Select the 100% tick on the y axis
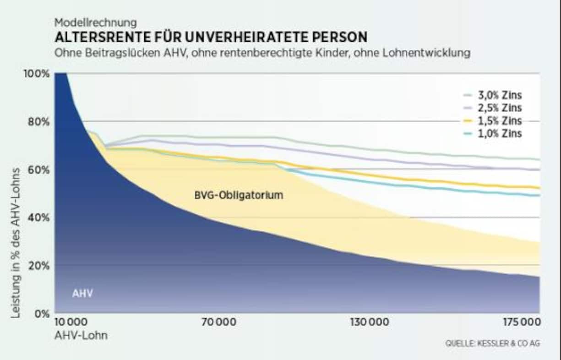pyautogui.click(x=36, y=74)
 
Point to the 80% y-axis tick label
pyautogui.click(x=38, y=122)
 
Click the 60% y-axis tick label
pyautogui.click(x=38, y=170)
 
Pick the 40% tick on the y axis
pyautogui.click(x=38, y=218)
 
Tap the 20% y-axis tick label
pyautogui.click(x=38, y=266)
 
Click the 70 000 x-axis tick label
pyautogui.click(x=219, y=322)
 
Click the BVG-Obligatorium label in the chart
pyautogui.click(x=239, y=195)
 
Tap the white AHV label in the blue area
pyautogui.click(x=82, y=294)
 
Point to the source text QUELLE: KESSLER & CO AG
pyautogui.click(x=489, y=344)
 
